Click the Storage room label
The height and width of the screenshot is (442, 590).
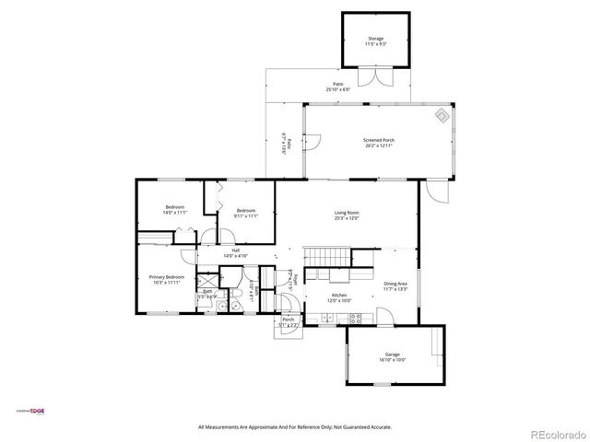point(375,41)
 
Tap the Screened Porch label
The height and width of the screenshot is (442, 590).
point(379,143)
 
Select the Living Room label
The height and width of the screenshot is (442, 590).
point(347,215)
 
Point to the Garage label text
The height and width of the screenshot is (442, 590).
point(393,356)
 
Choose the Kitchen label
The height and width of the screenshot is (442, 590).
point(340,297)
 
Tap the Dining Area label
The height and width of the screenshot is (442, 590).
point(395,285)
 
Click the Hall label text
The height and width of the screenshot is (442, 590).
point(235,252)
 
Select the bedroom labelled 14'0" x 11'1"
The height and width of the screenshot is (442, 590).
point(175,209)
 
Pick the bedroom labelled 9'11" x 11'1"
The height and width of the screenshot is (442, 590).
point(245,213)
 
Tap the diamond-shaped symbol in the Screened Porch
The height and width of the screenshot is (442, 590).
point(442,116)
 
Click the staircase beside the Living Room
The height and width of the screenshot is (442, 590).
point(322,254)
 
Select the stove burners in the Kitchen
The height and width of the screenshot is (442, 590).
point(356,319)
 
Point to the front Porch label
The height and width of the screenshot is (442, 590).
point(289,321)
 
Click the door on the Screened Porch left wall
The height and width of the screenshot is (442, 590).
point(311,144)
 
